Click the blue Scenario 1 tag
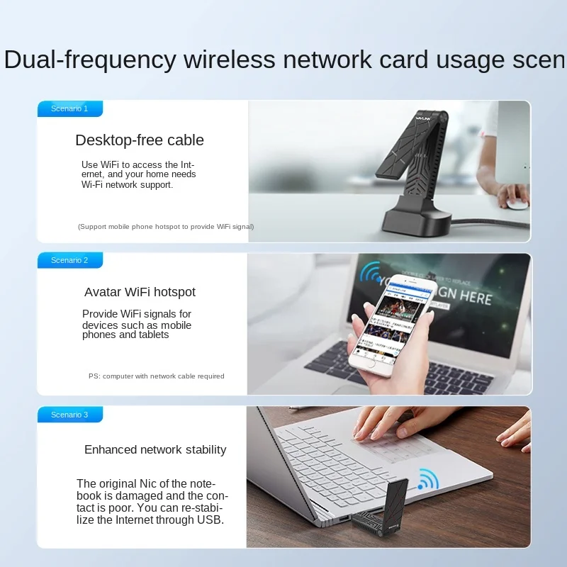pyautogui.click(x=69, y=109)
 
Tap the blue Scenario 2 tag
pyautogui.click(x=69, y=261)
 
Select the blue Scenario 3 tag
pyautogui.click(x=69, y=415)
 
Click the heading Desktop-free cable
pyautogui.click(x=140, y=140)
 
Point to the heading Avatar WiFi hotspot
pyautogui.click(x=140, y=292)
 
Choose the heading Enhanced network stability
pyautogui.click(x=155, y=449)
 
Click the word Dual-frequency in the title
pyautogui.click(x=90, y=60)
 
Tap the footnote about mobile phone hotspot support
pyautogui.click(x=165, y=227)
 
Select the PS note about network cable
pyautogui.click(x=156, y=376)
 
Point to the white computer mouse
pyautogui.click(x=517, y=203)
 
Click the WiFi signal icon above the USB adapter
pyautogui.click(x=427, y=480)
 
